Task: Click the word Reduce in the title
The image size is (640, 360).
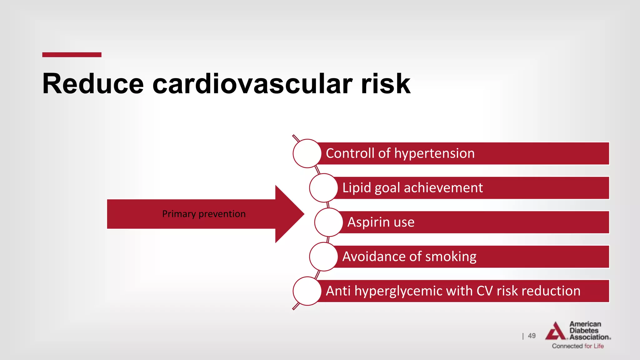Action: [x=93, y=84]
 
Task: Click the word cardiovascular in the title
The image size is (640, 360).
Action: [x=252, y=84]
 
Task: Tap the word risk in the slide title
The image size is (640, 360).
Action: [x=385, y=84]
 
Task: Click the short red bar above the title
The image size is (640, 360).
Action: [x=72, y=55]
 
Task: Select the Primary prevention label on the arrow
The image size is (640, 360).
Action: [x=204, y=214]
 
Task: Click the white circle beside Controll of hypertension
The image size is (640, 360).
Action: [x=307, y=153]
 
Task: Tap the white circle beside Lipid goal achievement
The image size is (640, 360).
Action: [x=323, y=188]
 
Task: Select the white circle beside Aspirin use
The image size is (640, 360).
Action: [x=328, y=222]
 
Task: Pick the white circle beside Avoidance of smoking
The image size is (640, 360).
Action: [x=323, y=257]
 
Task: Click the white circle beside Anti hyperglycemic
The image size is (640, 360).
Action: [x=307, y=291]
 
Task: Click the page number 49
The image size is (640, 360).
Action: [x=532, y=336]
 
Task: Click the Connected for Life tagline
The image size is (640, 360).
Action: [x=577, y=346]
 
